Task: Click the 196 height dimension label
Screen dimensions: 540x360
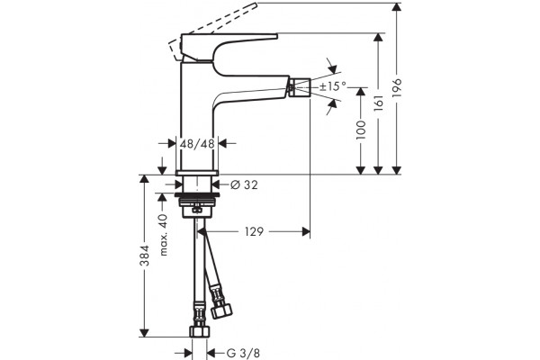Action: (397, 88)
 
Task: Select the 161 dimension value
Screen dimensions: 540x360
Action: (379, 103)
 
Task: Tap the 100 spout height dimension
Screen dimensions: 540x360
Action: (361, 130)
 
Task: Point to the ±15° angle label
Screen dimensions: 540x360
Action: (332, 86)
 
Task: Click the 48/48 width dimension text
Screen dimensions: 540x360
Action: (197, 143)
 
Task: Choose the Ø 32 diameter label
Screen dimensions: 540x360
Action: (244, 185)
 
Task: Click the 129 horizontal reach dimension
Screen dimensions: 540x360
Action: (254, 231)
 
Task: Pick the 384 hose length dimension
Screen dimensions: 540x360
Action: (145, 256)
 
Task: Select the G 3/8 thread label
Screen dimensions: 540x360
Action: (243, 353)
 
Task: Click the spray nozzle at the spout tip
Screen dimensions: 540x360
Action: (300, 85)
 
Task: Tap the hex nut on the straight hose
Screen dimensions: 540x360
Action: (200, 332)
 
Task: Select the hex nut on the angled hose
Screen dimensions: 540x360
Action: (221, 311)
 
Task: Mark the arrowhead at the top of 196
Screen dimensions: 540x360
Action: (397, 7)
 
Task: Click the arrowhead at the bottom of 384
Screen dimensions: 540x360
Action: (144, 333)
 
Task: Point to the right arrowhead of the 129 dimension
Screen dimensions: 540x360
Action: (306, 231)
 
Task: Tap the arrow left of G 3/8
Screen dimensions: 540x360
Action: (187, 353)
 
